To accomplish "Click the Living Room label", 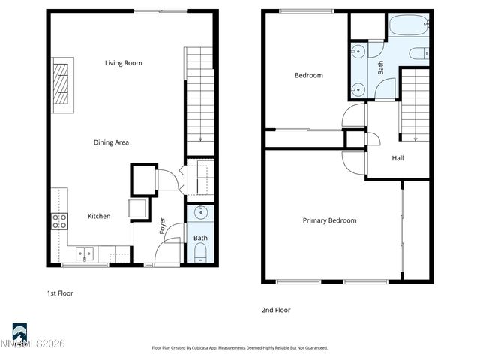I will click(123, 63).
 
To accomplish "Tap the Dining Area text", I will click(112, 142).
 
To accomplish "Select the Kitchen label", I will click(99, 216).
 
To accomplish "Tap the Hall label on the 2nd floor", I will click(397, 158).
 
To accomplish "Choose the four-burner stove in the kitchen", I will click(59, 220).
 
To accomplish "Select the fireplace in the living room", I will click(64, 85).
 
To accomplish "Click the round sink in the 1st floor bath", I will click(201, 213).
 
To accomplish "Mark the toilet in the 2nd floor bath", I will click(421, 53).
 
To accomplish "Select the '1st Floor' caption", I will click(60, 293).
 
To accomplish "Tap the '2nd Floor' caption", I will click(275, 310).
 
